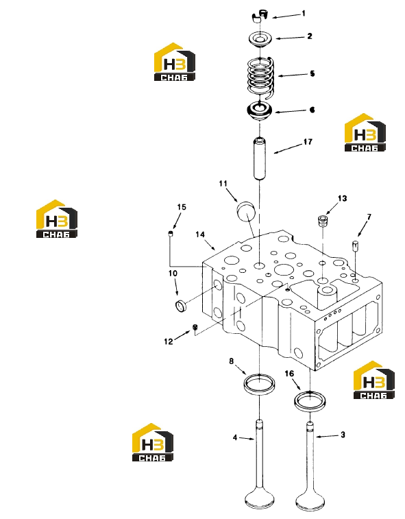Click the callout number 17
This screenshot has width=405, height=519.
point(308,142)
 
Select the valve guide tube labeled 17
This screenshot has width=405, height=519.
point(260,158)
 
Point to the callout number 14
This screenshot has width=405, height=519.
point(200,234)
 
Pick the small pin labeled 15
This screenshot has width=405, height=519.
point(171,234)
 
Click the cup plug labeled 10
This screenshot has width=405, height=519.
point(180,305)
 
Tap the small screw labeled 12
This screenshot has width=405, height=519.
point(195,327)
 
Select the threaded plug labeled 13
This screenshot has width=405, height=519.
point(322,221)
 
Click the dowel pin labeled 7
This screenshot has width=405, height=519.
point(355,246)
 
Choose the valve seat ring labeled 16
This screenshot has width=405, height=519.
point(310,401)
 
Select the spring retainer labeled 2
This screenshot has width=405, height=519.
point(260,38)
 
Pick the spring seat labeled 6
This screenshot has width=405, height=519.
point(260,112)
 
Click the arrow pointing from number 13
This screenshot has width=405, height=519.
point(332,208)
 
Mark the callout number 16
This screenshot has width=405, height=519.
point(289,374)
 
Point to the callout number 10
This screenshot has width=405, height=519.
point(173,274)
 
